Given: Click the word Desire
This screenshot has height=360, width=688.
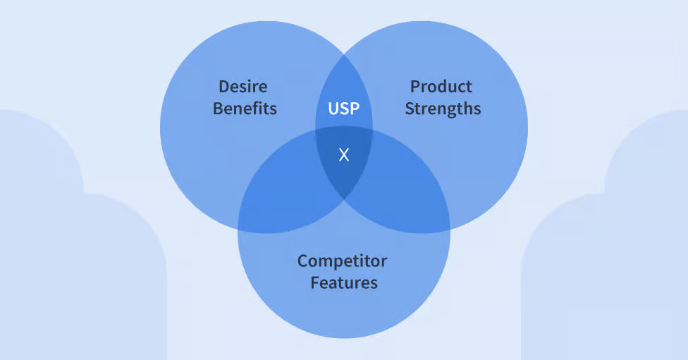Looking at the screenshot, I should (x=243, y=87).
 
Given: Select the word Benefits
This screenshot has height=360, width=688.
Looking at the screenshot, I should (x=245, y=108).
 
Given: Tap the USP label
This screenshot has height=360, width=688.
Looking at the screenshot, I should (x=344, y=109).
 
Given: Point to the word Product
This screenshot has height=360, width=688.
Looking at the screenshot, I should (x=441, y=87).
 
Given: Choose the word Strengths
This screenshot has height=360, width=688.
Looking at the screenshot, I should (x=443, y=109).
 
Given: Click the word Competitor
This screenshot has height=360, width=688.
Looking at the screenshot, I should (x=342, y=261).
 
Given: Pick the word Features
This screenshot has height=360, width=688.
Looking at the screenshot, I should (x=344, y=283).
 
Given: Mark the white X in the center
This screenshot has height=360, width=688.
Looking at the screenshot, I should (x=344, y=155).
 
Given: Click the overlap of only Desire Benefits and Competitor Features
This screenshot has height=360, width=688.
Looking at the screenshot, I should (x=282, y=197).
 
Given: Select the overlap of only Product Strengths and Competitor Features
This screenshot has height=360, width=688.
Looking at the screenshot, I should (x=405, y=197).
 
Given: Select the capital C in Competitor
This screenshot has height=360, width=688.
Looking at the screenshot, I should (x=303, y=261).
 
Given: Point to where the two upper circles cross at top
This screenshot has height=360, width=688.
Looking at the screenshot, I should (x=344, y=52).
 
